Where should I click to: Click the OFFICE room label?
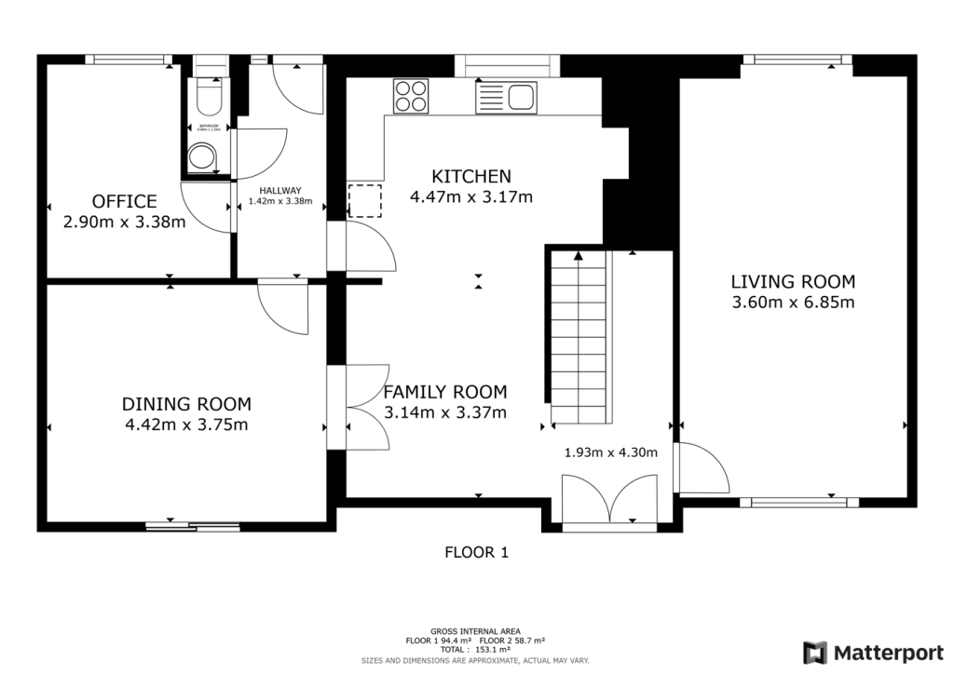pos(124,201)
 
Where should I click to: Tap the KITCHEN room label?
pos(471,176)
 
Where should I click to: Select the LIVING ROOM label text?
pos(793,281)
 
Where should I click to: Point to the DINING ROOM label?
pos(186,404)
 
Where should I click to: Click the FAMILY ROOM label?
pos(445,392)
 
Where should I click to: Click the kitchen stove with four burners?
pos(411,96)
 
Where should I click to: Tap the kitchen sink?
pos(507,96)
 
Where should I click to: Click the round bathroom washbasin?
pos(201,158)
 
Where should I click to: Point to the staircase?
pos(579,339)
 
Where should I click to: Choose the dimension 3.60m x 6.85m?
pos(793,302)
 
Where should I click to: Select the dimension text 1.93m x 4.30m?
pos(611,453)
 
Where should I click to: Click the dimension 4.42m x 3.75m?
pos(186,425)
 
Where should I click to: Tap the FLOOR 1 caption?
pos(476,552)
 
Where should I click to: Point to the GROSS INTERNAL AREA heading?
pos(476,631)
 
